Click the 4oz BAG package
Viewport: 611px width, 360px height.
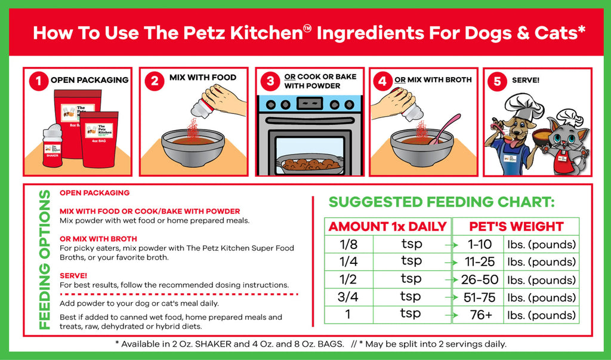[100, 139]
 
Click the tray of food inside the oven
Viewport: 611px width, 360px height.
[310, 163]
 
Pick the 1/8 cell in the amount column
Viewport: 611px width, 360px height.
[348, 244]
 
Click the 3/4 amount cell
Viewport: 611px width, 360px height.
[348, 297]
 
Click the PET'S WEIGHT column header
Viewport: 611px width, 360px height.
[516, 226]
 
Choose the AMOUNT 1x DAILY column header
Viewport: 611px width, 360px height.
[388, 226]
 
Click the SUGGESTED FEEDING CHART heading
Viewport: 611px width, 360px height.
[442, 202]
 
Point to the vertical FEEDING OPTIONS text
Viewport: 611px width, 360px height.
[44, 260]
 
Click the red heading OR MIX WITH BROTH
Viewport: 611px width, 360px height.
[98, 239]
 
